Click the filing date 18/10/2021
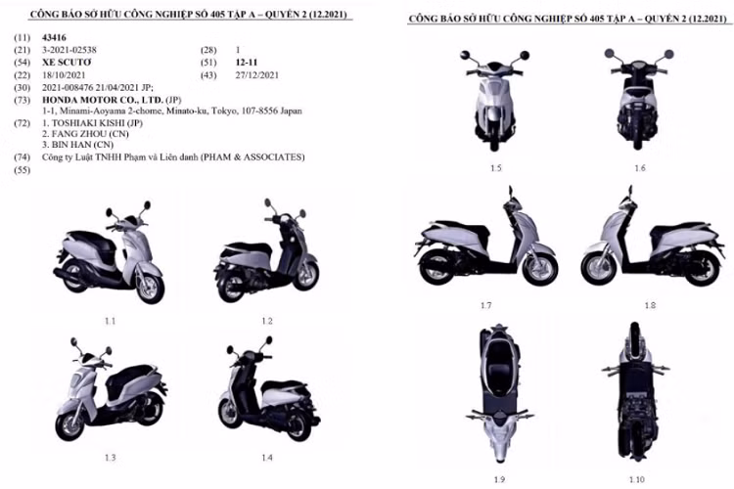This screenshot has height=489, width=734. pyautogui.click(x=62, y=75)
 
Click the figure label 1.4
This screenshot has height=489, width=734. pyautogui.click(x=266, y=458)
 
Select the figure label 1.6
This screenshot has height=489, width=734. pyautogui.click(x=639, y=168)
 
